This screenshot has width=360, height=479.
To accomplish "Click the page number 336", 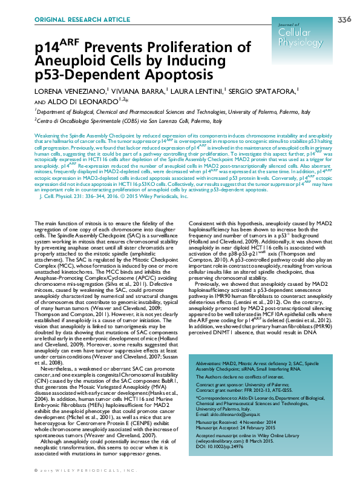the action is pos(344,20).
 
